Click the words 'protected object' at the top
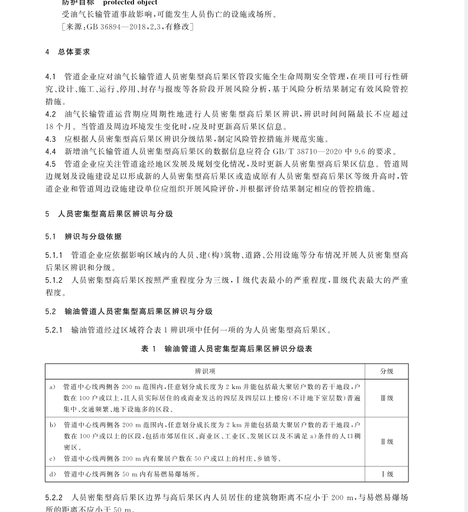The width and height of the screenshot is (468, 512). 130,3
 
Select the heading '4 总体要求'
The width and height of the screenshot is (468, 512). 68,52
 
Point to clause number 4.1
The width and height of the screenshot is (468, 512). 51,77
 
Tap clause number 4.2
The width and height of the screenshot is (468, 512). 51,114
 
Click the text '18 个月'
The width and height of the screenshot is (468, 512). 59,127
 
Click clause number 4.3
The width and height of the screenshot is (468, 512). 51,140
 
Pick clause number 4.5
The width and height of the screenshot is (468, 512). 51,164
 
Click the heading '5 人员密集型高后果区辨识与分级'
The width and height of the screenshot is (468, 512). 109,214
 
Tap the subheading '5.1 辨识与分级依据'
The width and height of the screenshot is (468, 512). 83,236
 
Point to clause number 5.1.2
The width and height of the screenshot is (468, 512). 54,280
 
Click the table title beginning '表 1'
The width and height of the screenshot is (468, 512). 226,349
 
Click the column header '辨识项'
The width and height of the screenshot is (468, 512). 205,371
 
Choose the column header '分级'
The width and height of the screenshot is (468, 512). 386,371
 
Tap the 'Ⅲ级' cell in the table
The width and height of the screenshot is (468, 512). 386,398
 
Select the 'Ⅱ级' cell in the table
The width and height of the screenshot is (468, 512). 386,442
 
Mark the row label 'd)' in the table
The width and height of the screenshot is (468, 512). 53,474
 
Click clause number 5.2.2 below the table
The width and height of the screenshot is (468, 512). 54,498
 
